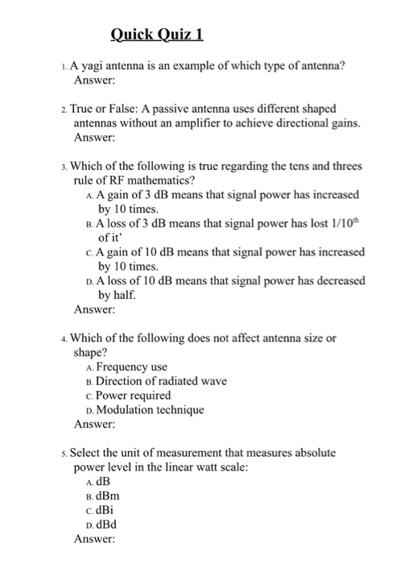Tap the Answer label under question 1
(x=95, y=81)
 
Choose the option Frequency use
(x=131, y=367)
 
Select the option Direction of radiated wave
(x=161, y=381)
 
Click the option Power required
(x=134, y=395)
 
